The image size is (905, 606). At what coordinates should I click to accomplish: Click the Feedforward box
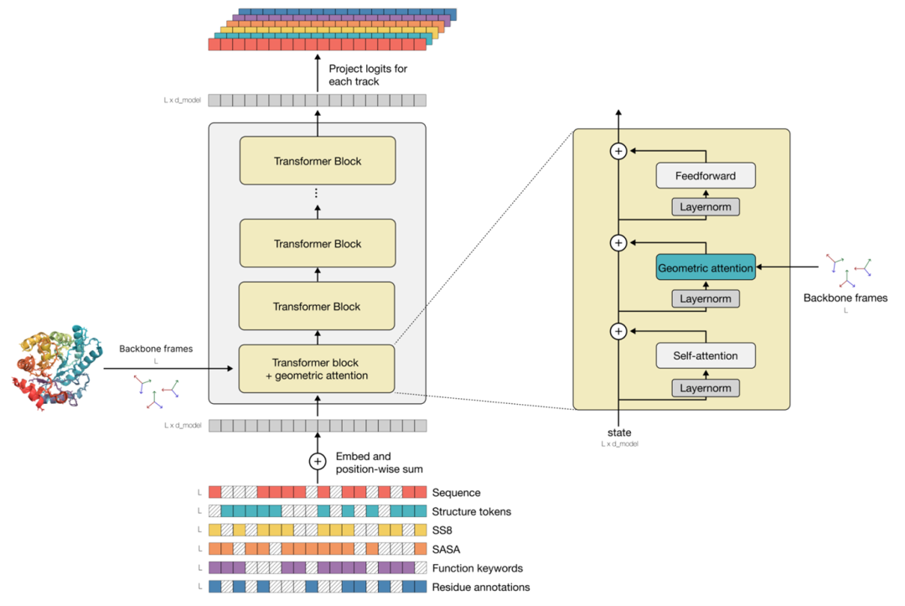pyautogui.click(x=706, y=175)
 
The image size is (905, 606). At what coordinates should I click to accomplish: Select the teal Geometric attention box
pyautogui.click(x=706, y=267)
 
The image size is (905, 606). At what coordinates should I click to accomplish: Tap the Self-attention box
pyautogui.click(x=706, y=355)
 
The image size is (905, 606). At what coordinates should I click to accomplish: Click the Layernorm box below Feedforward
pyautogui.click(x=706, y=207)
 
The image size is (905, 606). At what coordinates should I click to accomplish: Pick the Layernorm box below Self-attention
pyautogui.click(x=706, y=388)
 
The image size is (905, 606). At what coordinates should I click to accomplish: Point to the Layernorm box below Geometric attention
pyautogui.click(x=706, y=298)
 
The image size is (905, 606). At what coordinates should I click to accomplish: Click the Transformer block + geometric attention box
pyautogui.click(x=317, y=369)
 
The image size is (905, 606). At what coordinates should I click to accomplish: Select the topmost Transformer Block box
pyautogui.click(x=318, y=160)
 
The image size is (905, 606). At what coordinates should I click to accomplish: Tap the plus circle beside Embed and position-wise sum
pyautogui.click(x=318, y=462)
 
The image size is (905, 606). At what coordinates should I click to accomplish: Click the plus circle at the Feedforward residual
pyautogui.click(x=618, y=151)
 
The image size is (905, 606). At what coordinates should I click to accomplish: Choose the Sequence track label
pyautogui.click(x=456, y=492)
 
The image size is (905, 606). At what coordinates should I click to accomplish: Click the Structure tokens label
pyautogui.click(x=472, y=511)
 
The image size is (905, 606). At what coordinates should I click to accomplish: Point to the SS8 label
pyautogui.click(x=442, y=531)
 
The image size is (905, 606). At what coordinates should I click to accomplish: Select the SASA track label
pyautogui.click(x=446, y=549)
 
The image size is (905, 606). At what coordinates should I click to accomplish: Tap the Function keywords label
pyautogui.click(x=478, y=568)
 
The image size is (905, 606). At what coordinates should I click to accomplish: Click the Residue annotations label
pyautogui.click(x=481, y=587)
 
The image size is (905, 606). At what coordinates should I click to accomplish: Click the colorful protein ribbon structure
pyautogui.click(x=57, y=368)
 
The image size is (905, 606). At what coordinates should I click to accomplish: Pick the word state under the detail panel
pyautogui.click(x=619, y=432)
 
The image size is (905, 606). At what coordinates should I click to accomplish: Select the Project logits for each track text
pyautogui.click(x=368, y=75)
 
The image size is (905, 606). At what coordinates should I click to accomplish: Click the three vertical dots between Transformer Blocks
pyautogui.click(x=316, y=193)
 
